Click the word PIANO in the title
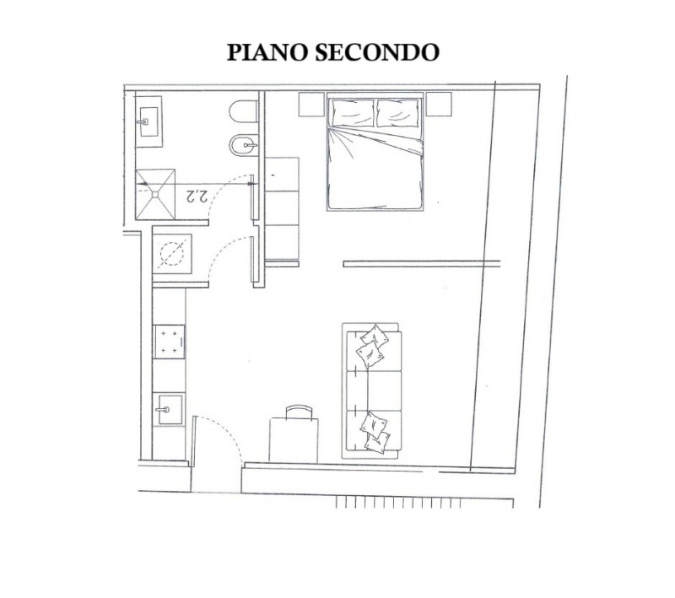coord(267,52)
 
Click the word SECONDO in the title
coord(377,52)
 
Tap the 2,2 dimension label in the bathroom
coord(197,197)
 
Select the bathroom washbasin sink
coord(149,121)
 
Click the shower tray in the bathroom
coord(155,194)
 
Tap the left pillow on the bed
coord(353,113)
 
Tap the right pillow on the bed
coord(397,113)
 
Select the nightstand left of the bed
coord(311,104)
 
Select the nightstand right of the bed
coord(439,104)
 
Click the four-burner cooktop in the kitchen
coord(170,342)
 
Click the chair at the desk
coord(300,412)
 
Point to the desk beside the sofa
coord(294,440)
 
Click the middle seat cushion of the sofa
coord(374,391)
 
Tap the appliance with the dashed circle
coord(172,253)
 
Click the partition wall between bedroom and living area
coord(422,263)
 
